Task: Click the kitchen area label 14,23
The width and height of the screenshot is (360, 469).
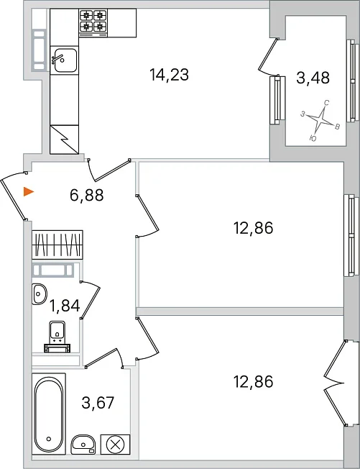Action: [x=169, y=75]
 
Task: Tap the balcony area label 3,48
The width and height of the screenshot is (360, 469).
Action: [x=313, y=78]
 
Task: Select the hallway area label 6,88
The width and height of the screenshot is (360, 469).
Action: [x=87, y=196]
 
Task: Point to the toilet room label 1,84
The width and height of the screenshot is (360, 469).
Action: [x=65, y=306]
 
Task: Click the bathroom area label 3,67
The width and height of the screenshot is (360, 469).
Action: [x=98, y=403]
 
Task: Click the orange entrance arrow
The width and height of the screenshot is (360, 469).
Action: [x=29, y=191]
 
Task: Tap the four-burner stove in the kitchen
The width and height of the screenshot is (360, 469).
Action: [x=93, y=23]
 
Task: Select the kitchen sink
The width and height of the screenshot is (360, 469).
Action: [x=64, y=60]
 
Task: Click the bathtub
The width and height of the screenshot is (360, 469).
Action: [x=49, y=414]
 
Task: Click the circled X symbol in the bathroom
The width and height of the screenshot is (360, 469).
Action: [x=115, y=445]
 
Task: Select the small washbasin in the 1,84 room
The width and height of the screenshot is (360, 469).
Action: [x=39, y=294]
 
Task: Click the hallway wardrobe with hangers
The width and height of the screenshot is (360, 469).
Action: [x=57, y=245]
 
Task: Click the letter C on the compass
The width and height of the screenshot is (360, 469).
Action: [x=327, y=103]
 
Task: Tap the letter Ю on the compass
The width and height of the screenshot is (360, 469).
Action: [x=313, y=138]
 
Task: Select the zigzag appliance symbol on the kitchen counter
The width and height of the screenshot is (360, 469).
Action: [x=64, y=140]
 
